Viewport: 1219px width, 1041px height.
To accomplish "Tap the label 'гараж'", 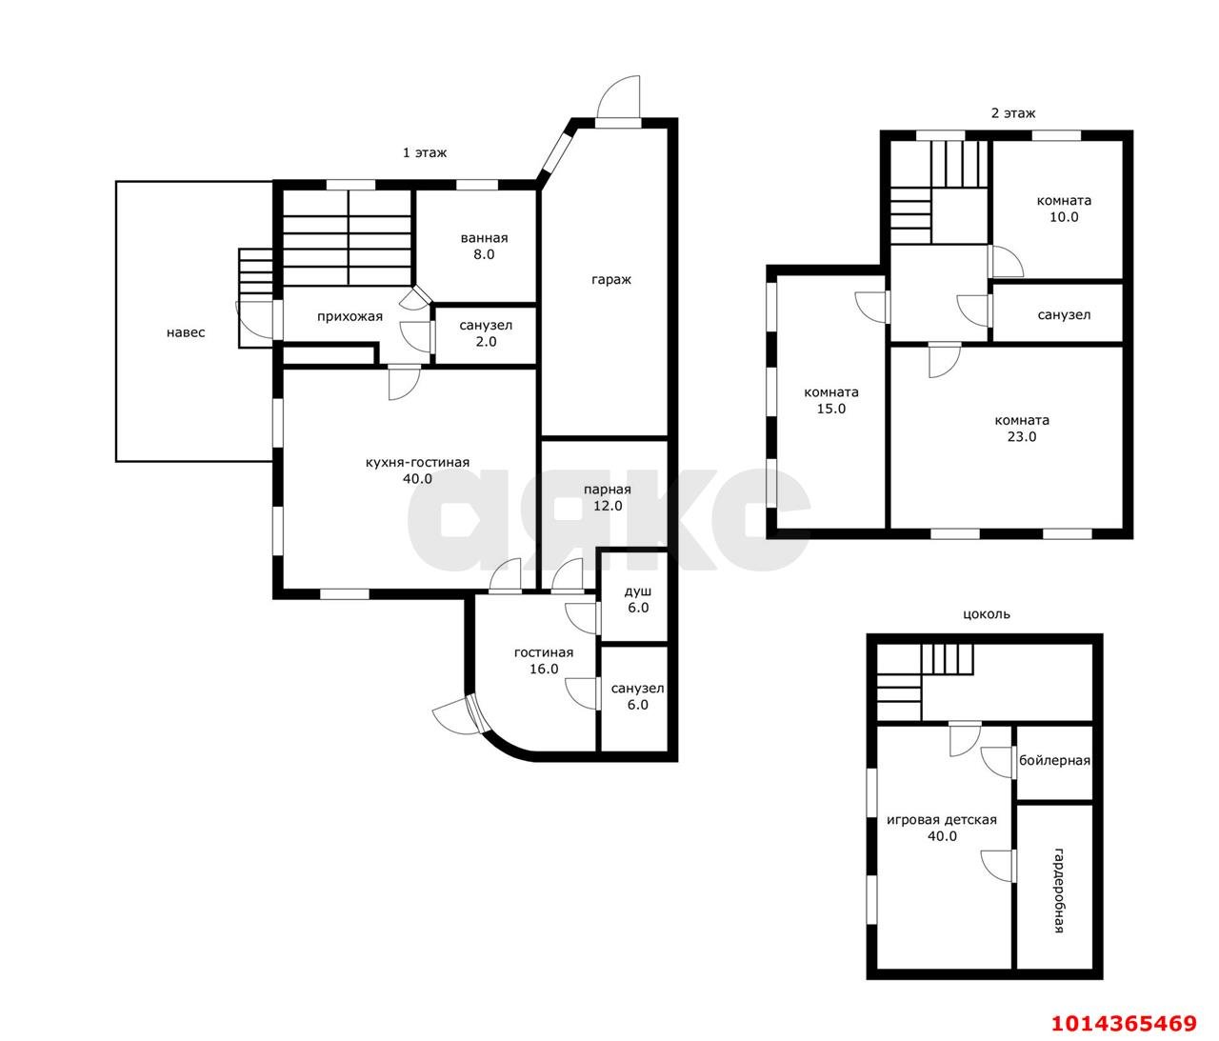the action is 611,280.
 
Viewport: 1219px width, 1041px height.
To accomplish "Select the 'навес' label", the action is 186,332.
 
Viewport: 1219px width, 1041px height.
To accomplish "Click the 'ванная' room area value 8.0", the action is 484,254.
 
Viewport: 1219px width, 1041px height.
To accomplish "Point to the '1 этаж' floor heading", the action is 425,152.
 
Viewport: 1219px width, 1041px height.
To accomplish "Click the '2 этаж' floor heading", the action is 1013,113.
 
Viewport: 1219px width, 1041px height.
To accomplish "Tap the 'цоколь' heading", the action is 987,614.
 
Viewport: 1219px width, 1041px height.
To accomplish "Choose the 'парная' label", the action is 608,490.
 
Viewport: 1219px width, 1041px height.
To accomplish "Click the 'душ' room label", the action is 638,591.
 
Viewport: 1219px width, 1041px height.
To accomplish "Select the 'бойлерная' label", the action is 1054,761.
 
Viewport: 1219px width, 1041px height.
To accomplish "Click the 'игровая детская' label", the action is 942,820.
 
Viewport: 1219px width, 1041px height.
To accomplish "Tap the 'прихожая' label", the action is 350,317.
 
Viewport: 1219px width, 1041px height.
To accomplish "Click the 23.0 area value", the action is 1022,436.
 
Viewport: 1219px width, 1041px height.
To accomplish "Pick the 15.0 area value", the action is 831,409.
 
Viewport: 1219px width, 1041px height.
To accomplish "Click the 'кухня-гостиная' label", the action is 417,463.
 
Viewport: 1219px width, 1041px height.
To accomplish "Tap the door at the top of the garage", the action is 618,100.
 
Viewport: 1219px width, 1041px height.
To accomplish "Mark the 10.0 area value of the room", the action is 1064,216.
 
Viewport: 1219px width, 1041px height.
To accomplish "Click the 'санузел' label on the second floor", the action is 1064,315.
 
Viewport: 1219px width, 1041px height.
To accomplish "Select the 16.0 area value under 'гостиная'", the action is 544,669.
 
